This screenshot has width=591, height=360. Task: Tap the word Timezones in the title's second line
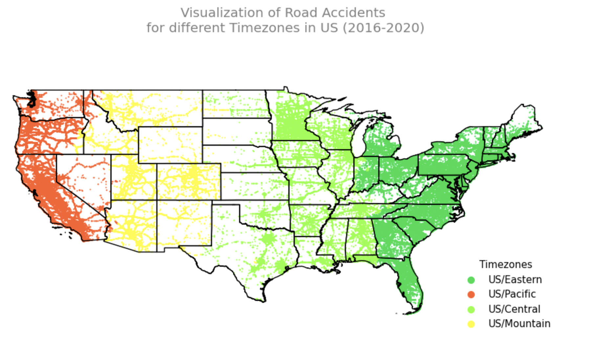pyautogui.click(x=264, y=28)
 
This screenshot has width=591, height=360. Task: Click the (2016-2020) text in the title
pyautogui.click(x=383, y=28)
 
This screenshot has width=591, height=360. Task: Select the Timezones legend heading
pyautogui.click(x=505, y=264)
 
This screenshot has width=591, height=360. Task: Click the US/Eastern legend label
pyautogui.click(x=515, y=280)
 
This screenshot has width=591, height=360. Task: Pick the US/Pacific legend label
pyautogui.click(x=512, y=294)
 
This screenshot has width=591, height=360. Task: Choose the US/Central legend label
pyautogui.click(x=514, y=309)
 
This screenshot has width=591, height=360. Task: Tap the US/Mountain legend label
pyautogui.click(x=519, y=324)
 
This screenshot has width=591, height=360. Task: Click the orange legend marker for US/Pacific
pyautogui.click(x=471, y=294)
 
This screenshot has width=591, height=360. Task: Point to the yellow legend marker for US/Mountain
pyautogui.click(x=471, y=324)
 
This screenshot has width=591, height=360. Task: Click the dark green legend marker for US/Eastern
pyautogui.click(x=471, y=280)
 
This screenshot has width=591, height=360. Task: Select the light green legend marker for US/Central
pyautogui.click(x=471, y=309)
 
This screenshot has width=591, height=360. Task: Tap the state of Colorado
pyautogui.click(x=189, y=181)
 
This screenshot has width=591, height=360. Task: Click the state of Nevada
pyautogui.click(x=82, y=177)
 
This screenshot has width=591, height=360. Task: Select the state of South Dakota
pyautogui.click(x=236, y=131)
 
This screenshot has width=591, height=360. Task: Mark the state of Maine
pyautogui.click(x=522, y=122)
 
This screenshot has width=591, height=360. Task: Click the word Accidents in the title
pyautogui.click(x=354, y=13)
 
